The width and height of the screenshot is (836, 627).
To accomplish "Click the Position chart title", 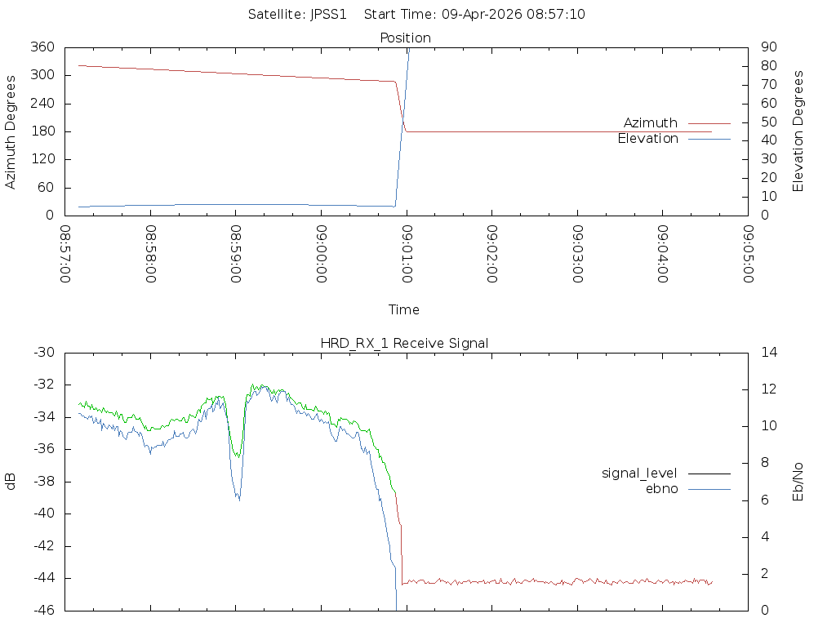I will pyautogui.click(x=405, y=38).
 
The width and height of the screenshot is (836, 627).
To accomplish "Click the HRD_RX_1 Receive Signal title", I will pyautogui.click(x=404, y=343).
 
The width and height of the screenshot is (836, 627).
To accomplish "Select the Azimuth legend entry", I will pyautogui.click(x=651, y=123).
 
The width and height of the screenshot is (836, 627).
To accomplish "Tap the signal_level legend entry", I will pyautogui.click(x=639, y=474).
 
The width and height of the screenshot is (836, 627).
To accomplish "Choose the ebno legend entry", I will pyautogui.click(x=661, y=489).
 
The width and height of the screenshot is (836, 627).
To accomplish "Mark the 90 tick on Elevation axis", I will pyautogui.click(x=767, y=47).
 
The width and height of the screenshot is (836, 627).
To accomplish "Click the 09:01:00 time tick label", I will pyautogui.click(x=407, y=255).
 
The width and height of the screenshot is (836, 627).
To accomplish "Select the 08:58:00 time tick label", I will pyautogui.click(x=150, y=255).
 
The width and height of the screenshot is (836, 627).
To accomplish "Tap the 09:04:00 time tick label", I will pyautogui.click(x=663, y=255).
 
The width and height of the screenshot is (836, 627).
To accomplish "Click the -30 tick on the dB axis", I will pyautogui.click(x=42, y=353).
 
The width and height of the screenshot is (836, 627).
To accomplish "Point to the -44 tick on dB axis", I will pyautogui.click(x=42, y=578).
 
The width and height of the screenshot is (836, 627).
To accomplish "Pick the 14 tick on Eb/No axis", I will pyautogui.click(x=769, y=353).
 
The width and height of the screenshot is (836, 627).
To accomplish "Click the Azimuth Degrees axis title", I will pyautogui.click(x=11, y=131).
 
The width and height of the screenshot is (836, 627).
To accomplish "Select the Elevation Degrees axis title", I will pyautogui.click(x=798, y=131).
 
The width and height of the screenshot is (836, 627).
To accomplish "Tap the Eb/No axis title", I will pyautogui.click(x=798, y=482).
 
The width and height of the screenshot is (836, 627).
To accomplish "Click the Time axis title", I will pyautogui.click(x=404, y=309).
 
